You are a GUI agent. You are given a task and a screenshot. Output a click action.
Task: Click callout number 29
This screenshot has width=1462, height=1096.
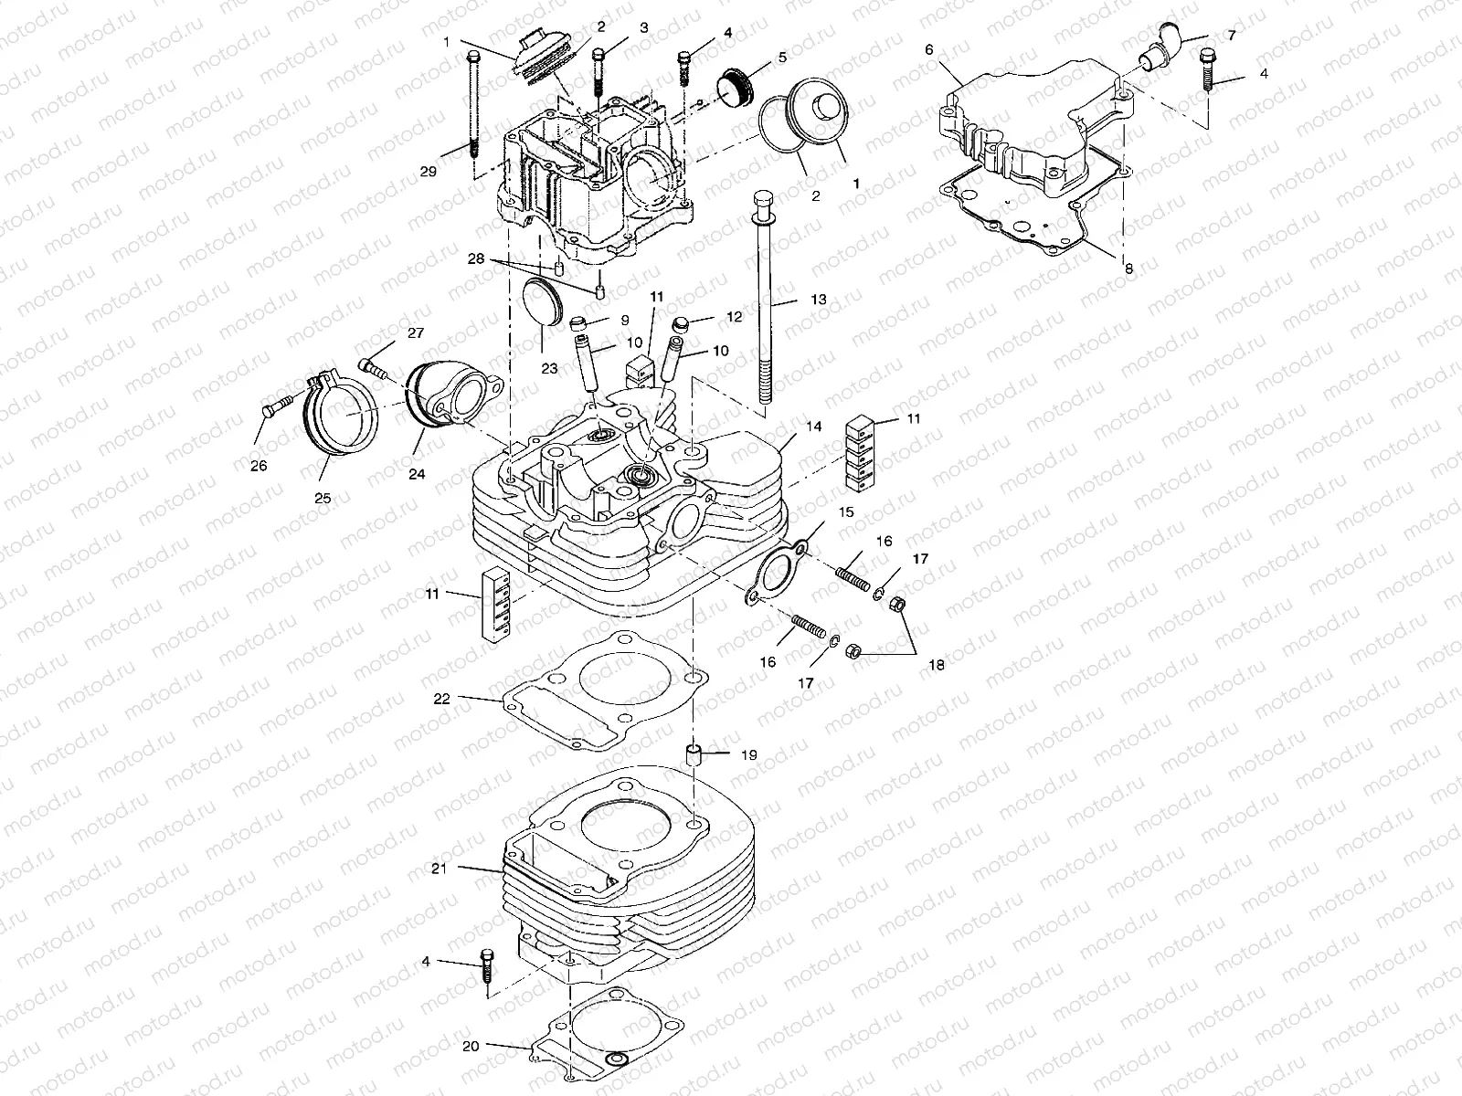[x=454, y=171]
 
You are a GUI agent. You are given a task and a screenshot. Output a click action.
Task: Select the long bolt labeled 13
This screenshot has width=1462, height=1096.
[x=763, y=301]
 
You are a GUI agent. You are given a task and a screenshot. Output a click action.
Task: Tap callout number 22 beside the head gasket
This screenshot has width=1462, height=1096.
[x=442, y=699]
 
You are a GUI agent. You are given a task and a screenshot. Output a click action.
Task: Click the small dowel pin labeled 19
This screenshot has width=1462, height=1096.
[x=694, y=755]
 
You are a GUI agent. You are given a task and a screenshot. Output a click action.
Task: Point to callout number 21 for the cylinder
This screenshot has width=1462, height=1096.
[x=439, y=869]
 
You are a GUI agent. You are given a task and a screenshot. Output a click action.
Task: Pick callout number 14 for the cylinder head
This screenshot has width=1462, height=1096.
[x=813, y=426]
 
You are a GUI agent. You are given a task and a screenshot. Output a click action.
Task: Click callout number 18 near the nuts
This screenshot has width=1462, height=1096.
[x=936, y=666]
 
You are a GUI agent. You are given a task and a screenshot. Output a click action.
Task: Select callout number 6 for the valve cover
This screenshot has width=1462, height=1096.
[x=929, y=50]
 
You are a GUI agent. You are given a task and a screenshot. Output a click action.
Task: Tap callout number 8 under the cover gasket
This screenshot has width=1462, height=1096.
[x=1128, y=269]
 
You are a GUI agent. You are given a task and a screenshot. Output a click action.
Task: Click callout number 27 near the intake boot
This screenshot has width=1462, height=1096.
[x=416, y=332]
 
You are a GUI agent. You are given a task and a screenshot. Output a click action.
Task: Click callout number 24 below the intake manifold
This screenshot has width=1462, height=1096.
[x=418, y=474]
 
